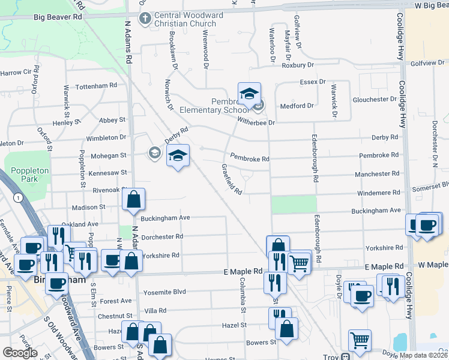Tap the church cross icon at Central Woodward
(x=144, y=19)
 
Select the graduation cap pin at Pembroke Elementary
(x=249, y=94)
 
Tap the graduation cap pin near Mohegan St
(x=178, y=156)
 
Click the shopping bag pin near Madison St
(x=133, y=200)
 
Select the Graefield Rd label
(x=232, y=180)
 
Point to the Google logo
(x=20, y=353)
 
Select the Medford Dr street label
(x=297, y=106)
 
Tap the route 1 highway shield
(x=20, y=197)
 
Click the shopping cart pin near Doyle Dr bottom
(x=360, y=340)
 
